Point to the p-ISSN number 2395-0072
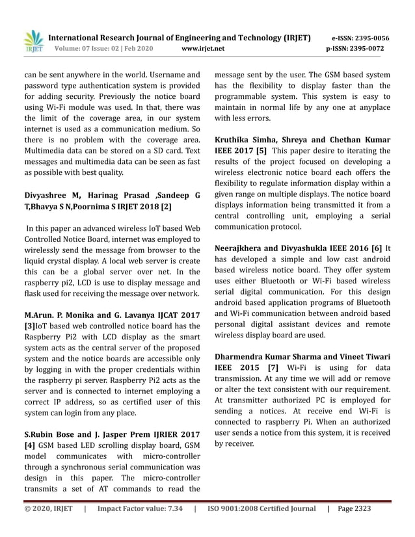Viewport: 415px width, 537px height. pyautogui.click(x=371, y=49)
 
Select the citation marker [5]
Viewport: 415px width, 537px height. pyautogui.click(x=261, y=151)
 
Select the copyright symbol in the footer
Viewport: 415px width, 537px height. pyautogui.click(x=27, y=508)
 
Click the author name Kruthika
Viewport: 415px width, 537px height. pyautogui.click(x=235, y=139)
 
